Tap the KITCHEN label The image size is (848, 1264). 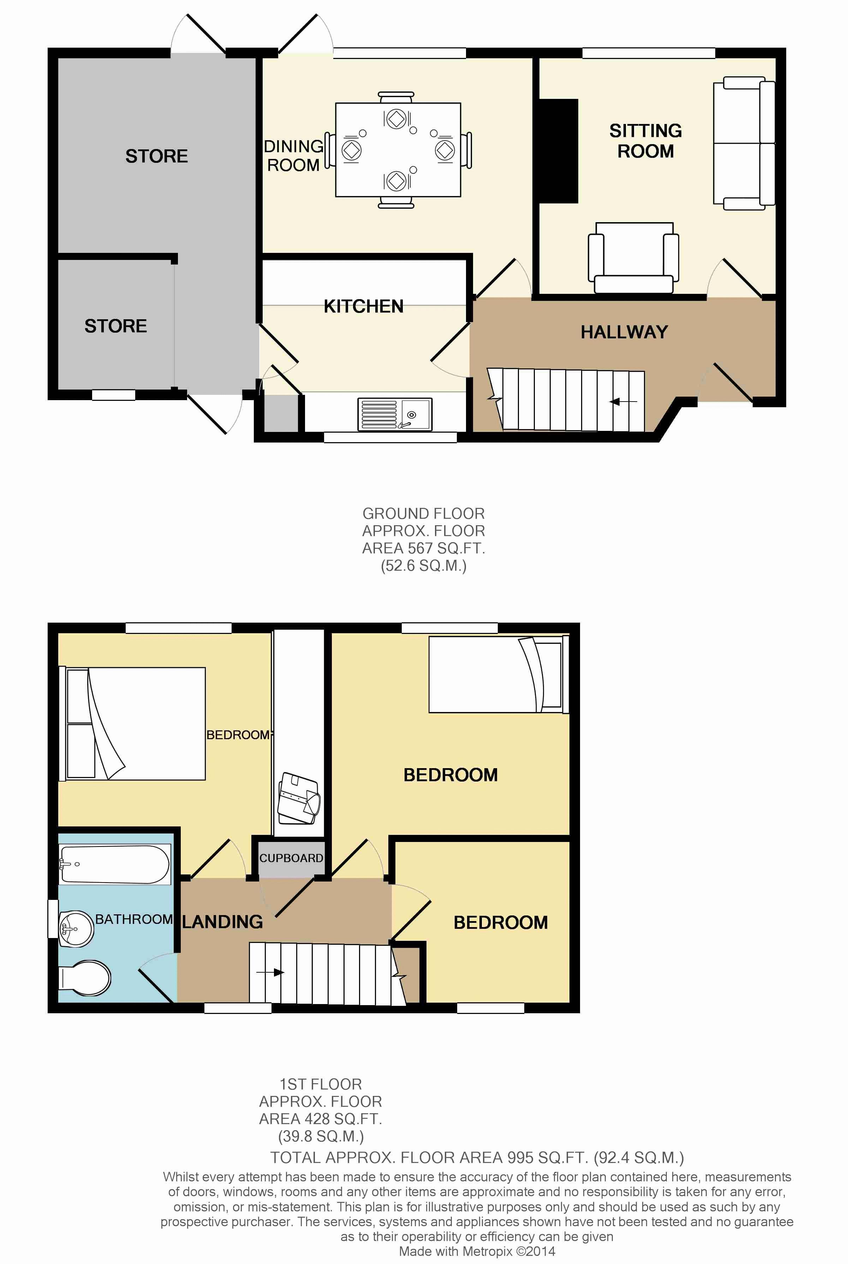(363, 306)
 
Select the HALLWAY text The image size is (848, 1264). (624, 332)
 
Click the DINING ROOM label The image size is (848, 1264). (294, 155)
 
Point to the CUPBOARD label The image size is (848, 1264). (291, 858)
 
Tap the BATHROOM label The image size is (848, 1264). (133, 919)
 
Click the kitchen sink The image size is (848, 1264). (395, 414)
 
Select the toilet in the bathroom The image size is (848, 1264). (85, 978)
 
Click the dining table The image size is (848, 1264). (398, 150)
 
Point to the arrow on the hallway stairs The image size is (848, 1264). (622, 401)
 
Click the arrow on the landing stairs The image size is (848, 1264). (270, 973)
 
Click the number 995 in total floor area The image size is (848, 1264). (520, 1157)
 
